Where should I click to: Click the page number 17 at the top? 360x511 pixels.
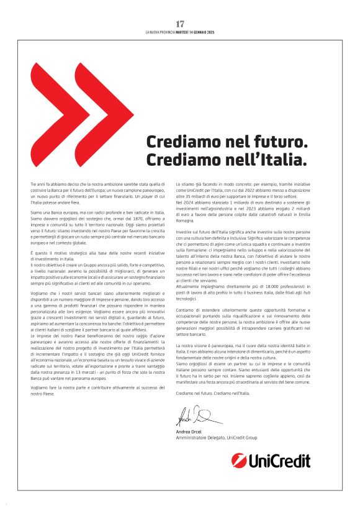click(x=180, y=24)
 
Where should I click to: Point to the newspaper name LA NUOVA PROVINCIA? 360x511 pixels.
click(x=160, y=32)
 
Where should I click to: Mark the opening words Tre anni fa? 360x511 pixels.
click(x=41, y=186)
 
